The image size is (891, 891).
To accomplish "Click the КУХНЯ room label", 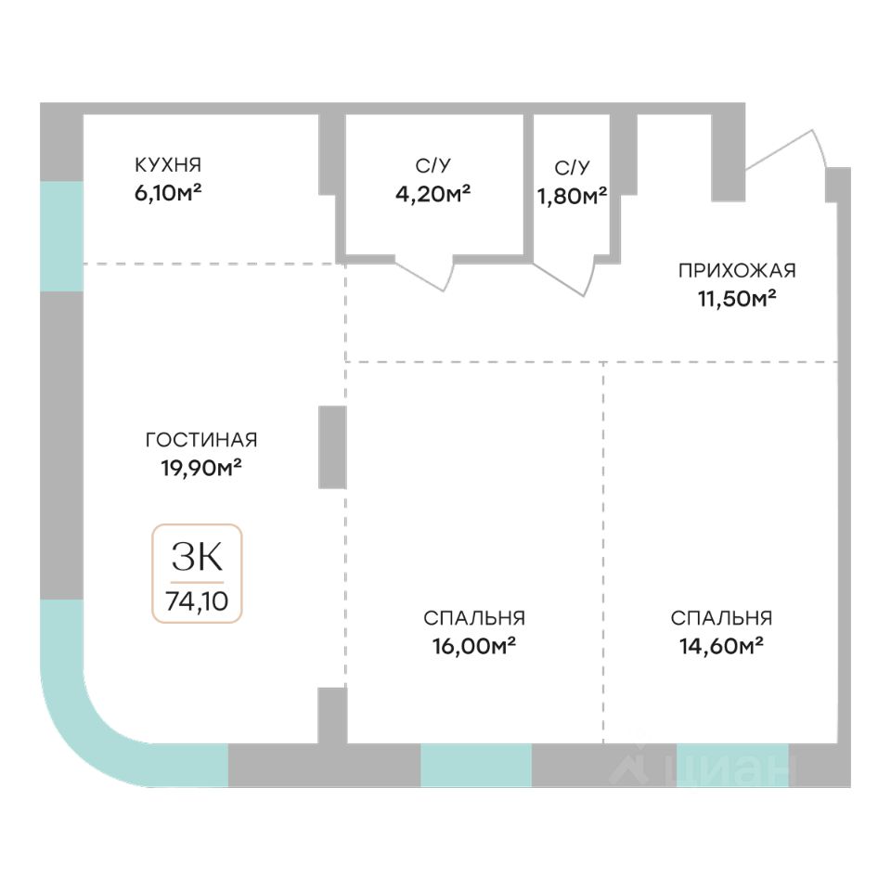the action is [167, 165].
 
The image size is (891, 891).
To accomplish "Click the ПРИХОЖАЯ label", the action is [737, 271].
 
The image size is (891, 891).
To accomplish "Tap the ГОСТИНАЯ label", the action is [201, 440].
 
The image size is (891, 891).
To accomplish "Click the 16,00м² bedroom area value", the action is [474, 644].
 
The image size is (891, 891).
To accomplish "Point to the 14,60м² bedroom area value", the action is [722, 644].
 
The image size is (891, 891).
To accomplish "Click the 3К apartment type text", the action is [197, 557].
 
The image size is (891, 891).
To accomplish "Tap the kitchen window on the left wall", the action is [61, 236].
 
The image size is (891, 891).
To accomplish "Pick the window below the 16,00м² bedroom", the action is [476, 765].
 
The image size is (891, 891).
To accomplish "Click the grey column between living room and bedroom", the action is [332, 446].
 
